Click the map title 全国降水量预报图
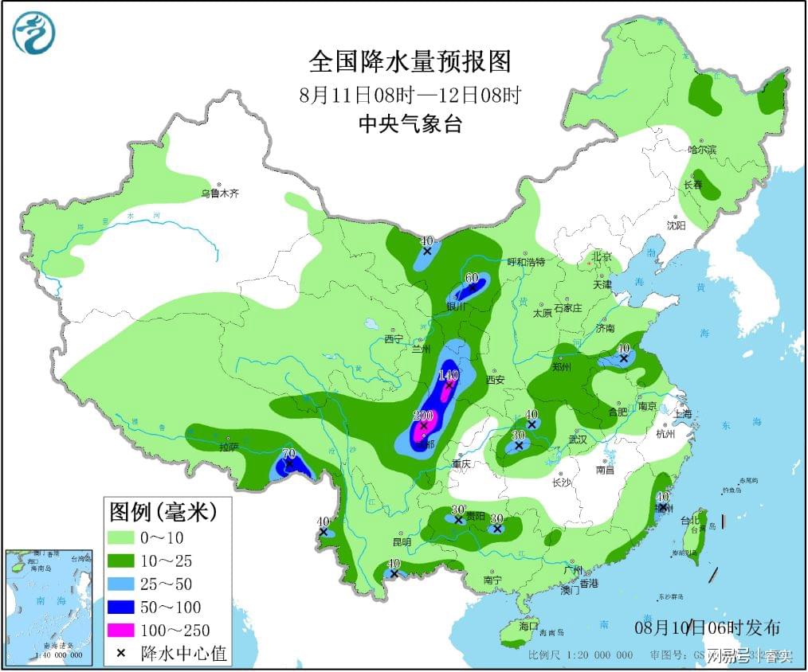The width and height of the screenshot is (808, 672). [x=409, y=62]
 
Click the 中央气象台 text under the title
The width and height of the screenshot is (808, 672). [x=409, y=124]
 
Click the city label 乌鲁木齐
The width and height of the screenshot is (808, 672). [x=219, y=193]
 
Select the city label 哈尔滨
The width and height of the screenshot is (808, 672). [x=702, y=150]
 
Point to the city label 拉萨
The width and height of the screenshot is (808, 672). [x=229, y=447]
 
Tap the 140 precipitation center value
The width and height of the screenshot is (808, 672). [x=449, y=375]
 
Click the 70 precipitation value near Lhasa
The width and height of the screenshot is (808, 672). [x=289, y=454]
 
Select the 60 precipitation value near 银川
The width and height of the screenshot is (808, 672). [x=471, y=278]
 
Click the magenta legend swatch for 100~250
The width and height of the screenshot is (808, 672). [x=122, y=630]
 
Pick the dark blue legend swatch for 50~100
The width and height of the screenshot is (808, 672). [x=122, y=607]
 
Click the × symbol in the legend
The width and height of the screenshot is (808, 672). [x=121, y=654]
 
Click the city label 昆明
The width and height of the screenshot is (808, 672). [x=402, y=542]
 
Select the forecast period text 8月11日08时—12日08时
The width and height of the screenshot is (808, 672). [x=409, y=95]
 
